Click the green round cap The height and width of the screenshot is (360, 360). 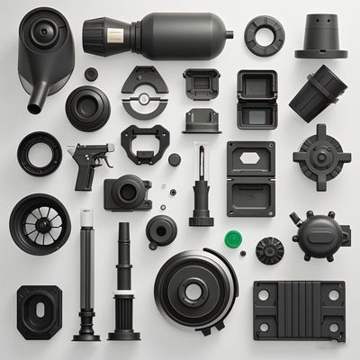click(x=233, y=239)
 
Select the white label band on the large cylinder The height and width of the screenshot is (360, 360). click(x=114, y=34)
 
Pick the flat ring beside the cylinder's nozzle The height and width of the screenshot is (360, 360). click(x=264, y=35)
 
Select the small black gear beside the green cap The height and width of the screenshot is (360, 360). click(x=269, y=247)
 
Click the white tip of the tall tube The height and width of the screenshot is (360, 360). click(x=86, y=216)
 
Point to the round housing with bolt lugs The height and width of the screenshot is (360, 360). click(x=317, y=237)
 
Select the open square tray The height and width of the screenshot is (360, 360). click(x=256, y=98)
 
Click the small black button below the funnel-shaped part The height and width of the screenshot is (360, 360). click(x=91, y=73)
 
